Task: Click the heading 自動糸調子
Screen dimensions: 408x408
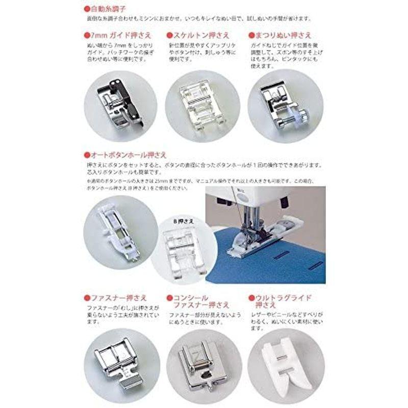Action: pos(106,10)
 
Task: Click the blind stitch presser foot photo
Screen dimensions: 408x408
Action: pos(280,104)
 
